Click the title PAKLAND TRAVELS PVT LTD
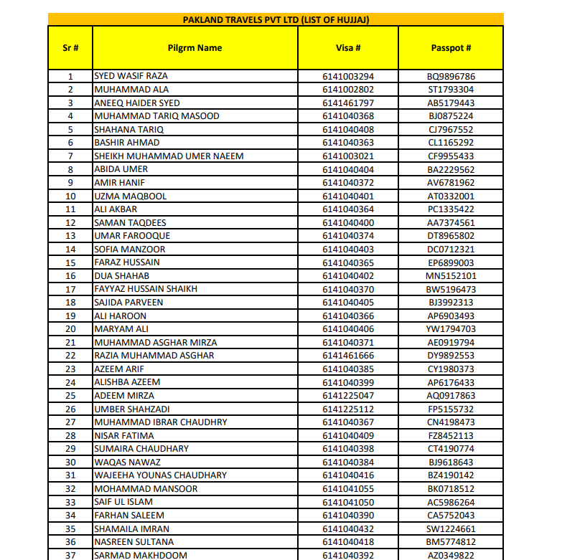(276, 19)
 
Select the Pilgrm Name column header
(195, 48)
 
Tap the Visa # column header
(348, 48)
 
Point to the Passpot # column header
(451, 48)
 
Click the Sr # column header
(70, 48)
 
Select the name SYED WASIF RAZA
(131, 76)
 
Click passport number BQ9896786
(451, 76)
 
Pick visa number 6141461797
(348, 103)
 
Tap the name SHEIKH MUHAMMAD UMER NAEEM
(169, 156)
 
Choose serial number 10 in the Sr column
(70, 196)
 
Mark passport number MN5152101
(451, 276)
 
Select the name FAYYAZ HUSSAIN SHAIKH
(146, 289)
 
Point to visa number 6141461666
(348, 356)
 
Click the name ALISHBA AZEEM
(127, 382)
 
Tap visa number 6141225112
(348, 409)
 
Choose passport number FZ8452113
(451, 436)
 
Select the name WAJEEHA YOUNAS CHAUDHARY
(161, 475)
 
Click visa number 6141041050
(348, 502)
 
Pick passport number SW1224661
(451, 528)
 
